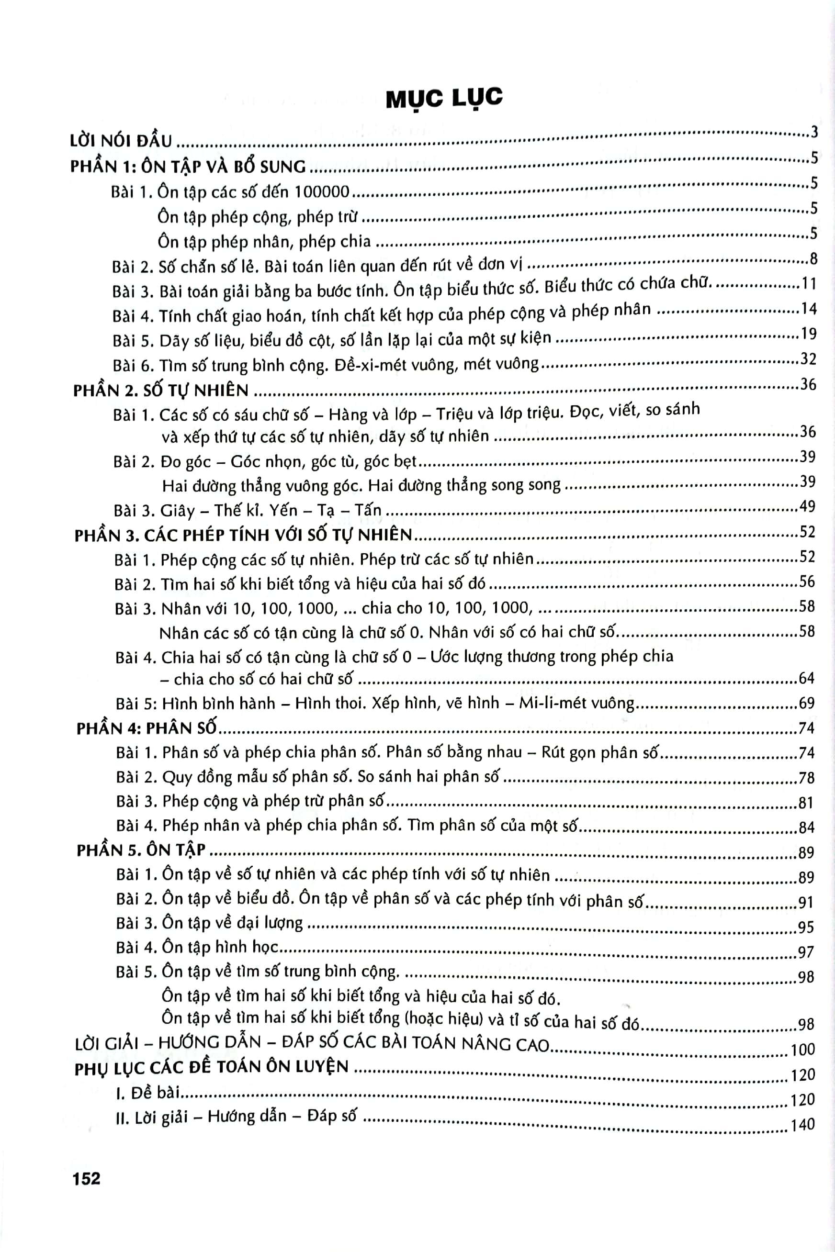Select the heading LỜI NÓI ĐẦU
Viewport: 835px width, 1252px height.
[122, 141]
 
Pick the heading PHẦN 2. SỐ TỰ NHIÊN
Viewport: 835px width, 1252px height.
[161, 390]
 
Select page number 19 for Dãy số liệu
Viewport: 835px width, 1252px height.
[808, 333]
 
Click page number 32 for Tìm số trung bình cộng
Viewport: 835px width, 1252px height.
[808, 358]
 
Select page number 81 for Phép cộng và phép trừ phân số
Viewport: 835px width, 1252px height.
[806, 802]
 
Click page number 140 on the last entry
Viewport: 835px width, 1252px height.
[803, 1124]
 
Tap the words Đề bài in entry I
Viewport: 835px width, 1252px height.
[156, 1093]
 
